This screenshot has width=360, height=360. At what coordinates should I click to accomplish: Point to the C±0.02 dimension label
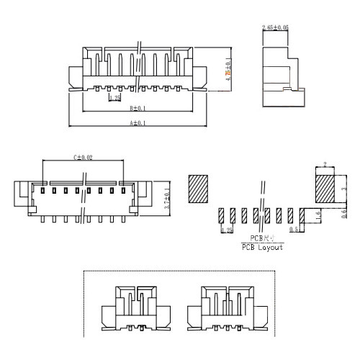tap(84, 158)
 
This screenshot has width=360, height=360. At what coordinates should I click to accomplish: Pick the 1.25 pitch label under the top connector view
tap(114, 96)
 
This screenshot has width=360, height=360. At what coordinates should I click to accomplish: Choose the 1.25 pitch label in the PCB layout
tap(227, 230)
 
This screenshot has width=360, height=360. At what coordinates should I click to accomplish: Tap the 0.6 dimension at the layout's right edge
tap(343, 215)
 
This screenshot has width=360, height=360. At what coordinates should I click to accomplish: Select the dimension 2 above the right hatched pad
tap(325, 165)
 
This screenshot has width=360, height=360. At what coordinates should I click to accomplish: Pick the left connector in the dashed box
tap(137, 310)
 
